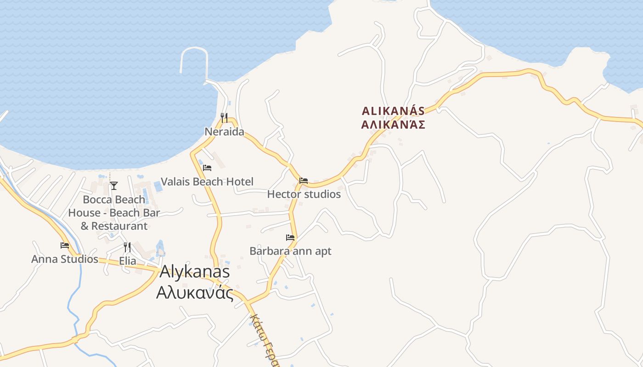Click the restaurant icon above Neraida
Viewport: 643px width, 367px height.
coord(224,118)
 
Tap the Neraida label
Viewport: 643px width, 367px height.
coord(225,132)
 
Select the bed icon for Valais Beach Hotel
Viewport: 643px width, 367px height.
coord(207,168)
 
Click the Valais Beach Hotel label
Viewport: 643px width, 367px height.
coord(207,182)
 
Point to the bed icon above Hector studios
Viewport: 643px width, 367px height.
coord(304,181)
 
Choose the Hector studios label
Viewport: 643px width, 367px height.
coord(304,194)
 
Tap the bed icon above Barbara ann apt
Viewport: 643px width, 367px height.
coord(290,238)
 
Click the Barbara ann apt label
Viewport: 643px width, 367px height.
coord(290,251)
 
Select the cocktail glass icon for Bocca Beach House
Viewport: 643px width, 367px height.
coord(114,186)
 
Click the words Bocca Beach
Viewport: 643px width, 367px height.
coord(114,200)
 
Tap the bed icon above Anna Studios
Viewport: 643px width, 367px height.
coord(65,245)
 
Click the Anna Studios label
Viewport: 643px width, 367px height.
coord(65,259)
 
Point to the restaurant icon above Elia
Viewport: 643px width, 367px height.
coord(127,247)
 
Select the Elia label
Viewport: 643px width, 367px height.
coord(128,261)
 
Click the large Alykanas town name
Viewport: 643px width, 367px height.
coord(195,272)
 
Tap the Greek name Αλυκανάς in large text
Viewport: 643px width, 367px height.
coord(195,292)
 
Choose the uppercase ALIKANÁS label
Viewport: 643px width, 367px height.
coord(393,111)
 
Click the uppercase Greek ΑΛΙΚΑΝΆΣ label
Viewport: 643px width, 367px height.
coord(393,125)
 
